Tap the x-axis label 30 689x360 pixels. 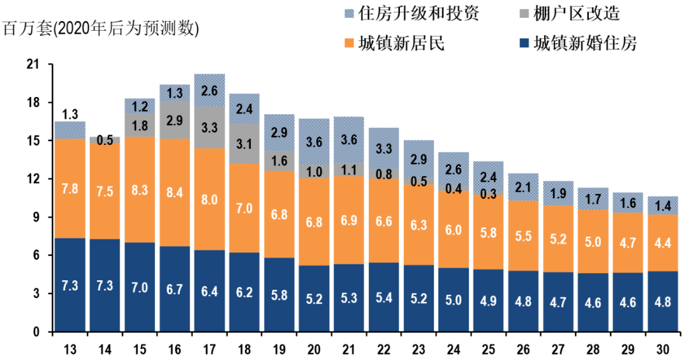pos(663,349)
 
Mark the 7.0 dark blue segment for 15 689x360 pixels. pos(140,287)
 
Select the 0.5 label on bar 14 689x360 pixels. pos(105,140)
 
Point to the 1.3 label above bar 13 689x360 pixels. pos(70,115)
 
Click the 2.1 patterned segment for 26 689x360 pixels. pos(523,187)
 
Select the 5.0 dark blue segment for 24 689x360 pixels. pos(453,300)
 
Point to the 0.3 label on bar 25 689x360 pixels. pos(488,193)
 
